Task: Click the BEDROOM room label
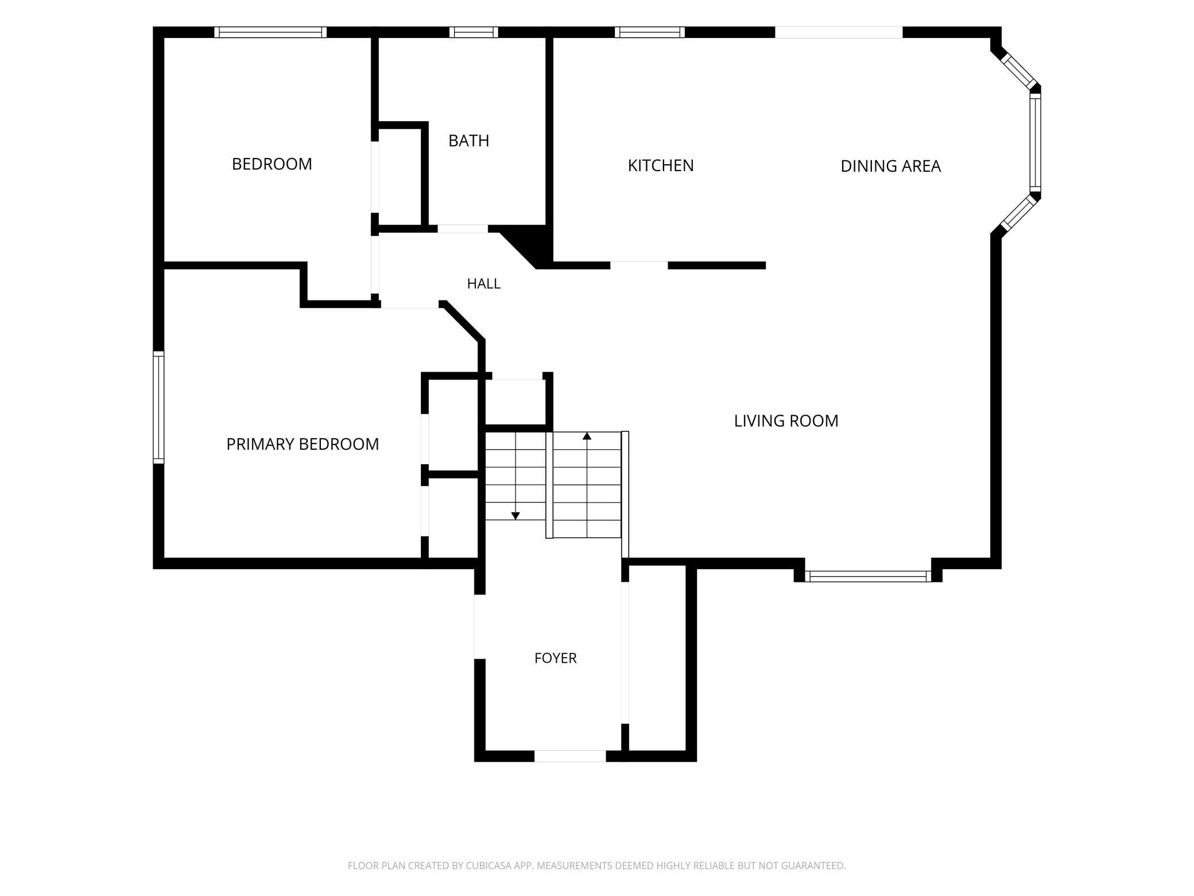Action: tap(272, 164)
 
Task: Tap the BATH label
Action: tap(468, 141)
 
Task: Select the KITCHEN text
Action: tap(661, 165)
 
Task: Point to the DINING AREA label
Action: tap(890, 166)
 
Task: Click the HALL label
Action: tap(483, 284)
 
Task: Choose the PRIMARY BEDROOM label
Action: tap(303, 444)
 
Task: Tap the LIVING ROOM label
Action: tap(786, 421)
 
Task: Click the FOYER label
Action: tap(555, 658)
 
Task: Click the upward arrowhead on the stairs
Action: tap(587, 436)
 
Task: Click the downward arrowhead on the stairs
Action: tap(515, 516)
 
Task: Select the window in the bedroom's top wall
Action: tap(270, 32)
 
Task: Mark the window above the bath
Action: tap(474, 32)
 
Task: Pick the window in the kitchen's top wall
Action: tap(650, 32)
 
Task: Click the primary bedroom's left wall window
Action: tap(158, 407)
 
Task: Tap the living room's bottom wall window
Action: tap(868, 576)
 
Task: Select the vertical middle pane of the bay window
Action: tap(1035, 143)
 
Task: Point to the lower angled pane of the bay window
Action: tap(1018, 213)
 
